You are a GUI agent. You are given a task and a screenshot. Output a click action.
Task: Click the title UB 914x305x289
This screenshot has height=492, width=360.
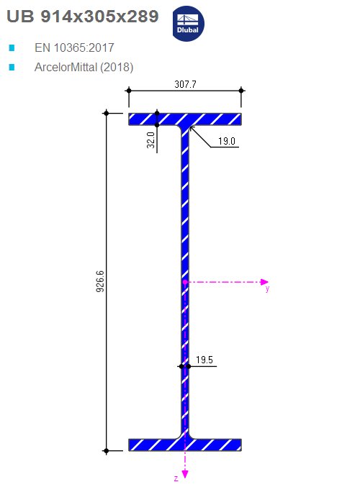pyautogui.click(x=83, y=17)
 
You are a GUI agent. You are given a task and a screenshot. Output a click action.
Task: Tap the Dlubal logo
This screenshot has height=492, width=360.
pyautogui.click(x=188, y=24)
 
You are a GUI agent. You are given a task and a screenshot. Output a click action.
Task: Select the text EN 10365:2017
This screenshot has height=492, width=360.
pyautogui.click(x=74, y=47)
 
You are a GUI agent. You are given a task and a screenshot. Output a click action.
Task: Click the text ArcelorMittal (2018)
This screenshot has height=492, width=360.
pyautogui.click(x=84, y=67)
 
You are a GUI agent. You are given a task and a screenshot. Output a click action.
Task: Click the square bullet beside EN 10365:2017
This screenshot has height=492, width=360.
pyautogui.click(x=12, y=47)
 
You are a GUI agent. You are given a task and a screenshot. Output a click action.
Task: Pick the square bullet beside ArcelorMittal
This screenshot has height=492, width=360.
pyautogui.click(x=12, y=67)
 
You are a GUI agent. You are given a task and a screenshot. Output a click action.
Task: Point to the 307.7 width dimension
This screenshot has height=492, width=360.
pyautogui.click(x=185, y=84)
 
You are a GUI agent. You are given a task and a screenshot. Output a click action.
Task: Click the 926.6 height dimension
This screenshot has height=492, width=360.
pyautogui.click(x=100, y=281)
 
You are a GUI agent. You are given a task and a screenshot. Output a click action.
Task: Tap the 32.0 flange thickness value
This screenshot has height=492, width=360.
pyautogui.click(x=150, y=140)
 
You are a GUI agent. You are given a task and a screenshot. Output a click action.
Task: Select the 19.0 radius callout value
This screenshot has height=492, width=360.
pyautogui.click(x=227, y=141)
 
